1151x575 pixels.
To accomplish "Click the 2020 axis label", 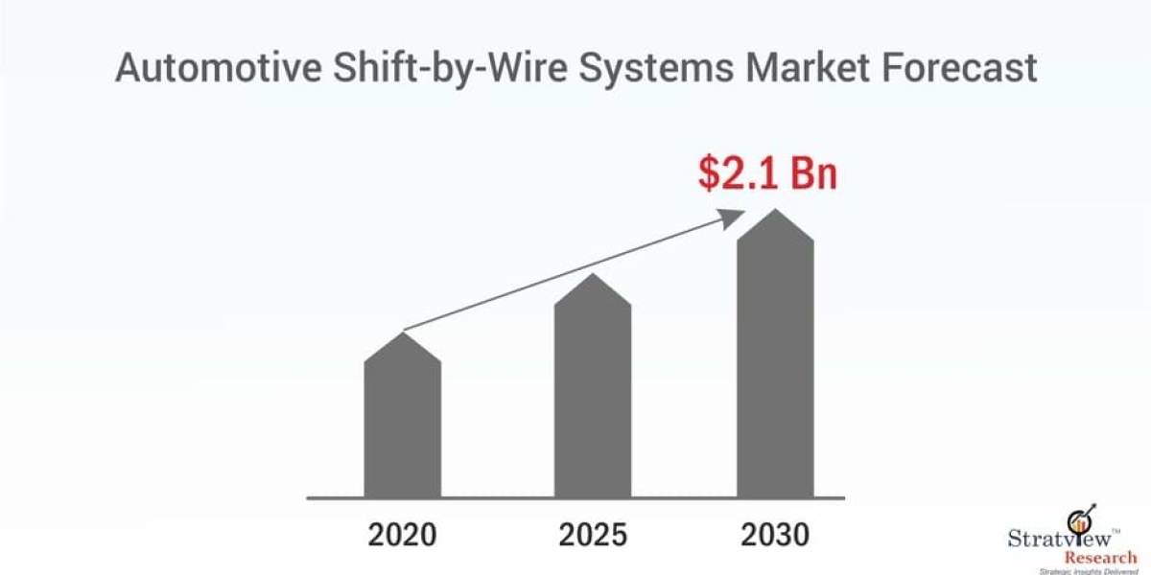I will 403,534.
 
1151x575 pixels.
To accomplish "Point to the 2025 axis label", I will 593,534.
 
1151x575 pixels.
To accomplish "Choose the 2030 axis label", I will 774,534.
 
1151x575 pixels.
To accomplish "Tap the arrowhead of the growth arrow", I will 736,218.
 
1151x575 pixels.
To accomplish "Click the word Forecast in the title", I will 973,69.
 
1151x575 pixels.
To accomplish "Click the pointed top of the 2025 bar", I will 593,276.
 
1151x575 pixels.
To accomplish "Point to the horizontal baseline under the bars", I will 575,498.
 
